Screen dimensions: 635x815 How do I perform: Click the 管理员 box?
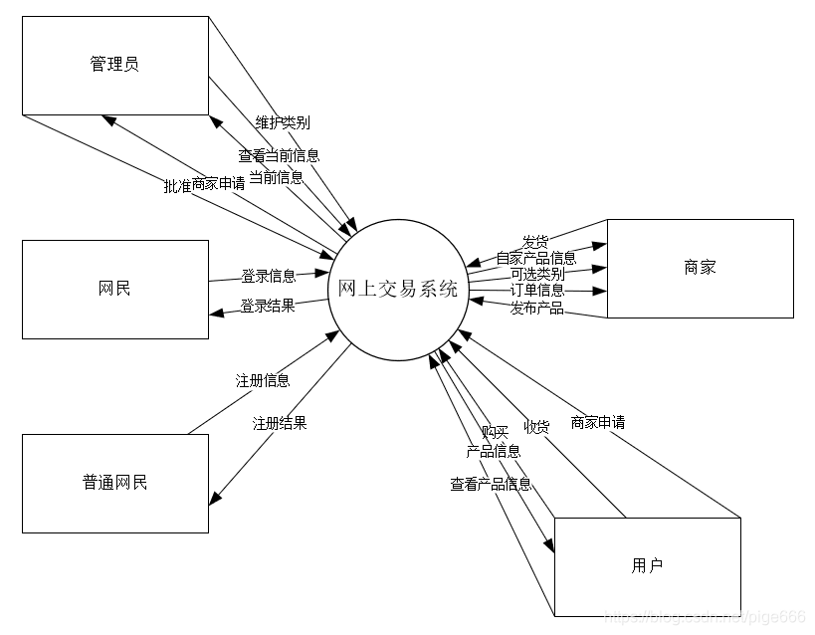coord(115,65)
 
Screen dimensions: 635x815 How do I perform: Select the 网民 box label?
coord(115,290)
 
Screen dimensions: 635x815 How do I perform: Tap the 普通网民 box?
coord(115,483)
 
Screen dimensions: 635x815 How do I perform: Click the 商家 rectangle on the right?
coord(700,268)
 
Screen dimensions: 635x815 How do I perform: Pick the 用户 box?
coord(647,566)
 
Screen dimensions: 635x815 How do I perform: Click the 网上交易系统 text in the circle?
coord(398,290)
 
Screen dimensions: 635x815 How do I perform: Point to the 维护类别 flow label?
coord(282,122)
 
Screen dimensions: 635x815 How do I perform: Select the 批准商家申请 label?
coord(204,184)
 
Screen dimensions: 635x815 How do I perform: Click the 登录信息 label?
coord(268,276)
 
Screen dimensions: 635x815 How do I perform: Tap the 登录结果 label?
coord(268,306)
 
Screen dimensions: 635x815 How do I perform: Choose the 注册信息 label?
coord(263,380)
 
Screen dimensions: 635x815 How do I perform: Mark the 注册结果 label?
coord(280,422)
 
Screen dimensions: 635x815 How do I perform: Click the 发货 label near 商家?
coord(535,242)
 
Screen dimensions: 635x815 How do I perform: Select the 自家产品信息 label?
coord(535,258)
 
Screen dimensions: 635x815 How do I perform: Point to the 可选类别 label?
coord(537,274)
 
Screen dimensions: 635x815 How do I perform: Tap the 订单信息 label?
coord(537,290)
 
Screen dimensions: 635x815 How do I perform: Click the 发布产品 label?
coord(537,308)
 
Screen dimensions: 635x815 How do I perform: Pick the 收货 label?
coord(537,426)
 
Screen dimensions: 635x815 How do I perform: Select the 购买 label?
coord(495,432)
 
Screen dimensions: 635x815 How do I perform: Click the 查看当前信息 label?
coord(279,155)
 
